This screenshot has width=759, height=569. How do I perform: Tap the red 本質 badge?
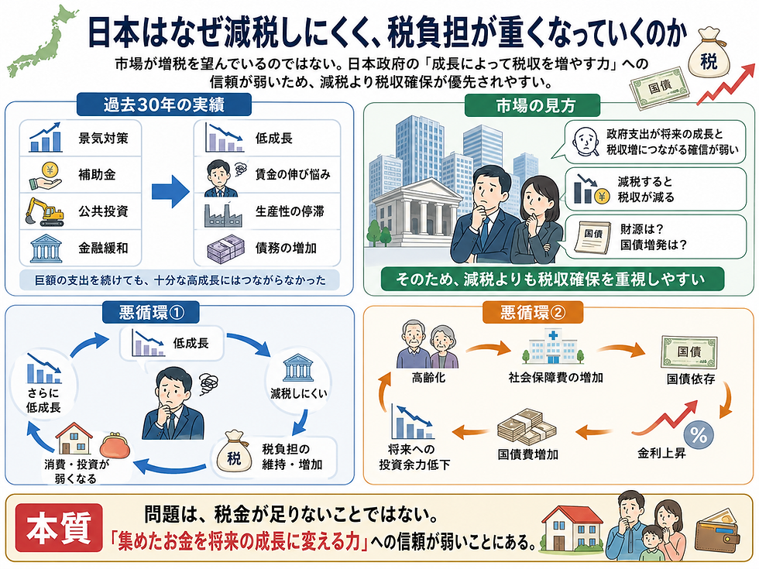pos(59,528)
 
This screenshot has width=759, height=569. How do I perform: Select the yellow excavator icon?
pos(45,211)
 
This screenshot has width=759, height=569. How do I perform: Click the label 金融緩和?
pos(103,249)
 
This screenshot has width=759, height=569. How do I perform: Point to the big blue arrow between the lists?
pos(170,192)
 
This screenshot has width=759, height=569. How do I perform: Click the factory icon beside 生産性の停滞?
pos(223,215)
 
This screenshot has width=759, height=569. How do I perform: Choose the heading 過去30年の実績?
pos(163,105)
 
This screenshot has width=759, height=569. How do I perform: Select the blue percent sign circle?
pos(699,434)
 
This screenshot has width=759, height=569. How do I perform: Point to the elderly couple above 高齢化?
pos(428,345)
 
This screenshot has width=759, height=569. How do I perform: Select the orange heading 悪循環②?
pos(533,313)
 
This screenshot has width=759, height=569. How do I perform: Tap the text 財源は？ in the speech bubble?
pos(642,228)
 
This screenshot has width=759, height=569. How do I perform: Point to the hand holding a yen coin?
pos(46,177)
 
